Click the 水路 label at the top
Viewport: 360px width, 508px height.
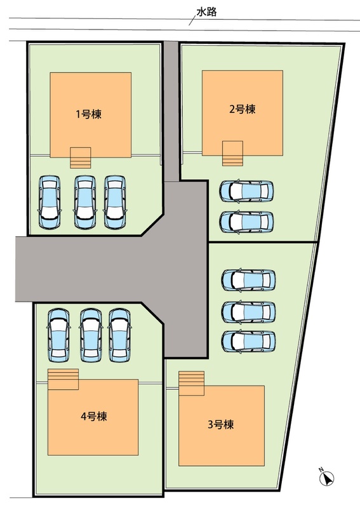pyautogui.click(x=206, y=12)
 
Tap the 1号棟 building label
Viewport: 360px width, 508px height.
pyautogui.click(x=88, y=114)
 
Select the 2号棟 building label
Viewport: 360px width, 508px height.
pyautogui.click(x=243, y=109)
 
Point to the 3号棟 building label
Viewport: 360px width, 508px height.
pyautogui.click(x=221, y=424)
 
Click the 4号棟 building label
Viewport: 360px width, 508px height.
pyautogui.click(x=93, y=417)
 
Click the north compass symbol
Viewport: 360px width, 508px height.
pyautogui.click(x=326, y=478)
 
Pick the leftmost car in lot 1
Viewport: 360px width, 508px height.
pyautogui.click(x=50, y=202)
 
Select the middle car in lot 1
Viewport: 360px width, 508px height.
pyautogui.click(x=85, y=202)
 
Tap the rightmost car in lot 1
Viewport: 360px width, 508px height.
pyautogui.click(x=115, y=202)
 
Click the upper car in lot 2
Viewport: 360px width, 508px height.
pyautogui.click(x=246, y=191)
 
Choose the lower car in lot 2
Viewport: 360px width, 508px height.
pyautogui.click(x=246, y=222)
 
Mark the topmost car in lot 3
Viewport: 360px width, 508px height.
pyautogui.click(x=248, y=280)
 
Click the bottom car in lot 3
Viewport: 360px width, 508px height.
pyautogui.click(x=248, y=341)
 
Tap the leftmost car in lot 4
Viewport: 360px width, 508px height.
pyautogui.click(x=58, y=335)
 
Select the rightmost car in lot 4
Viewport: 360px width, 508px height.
pyautogui.click(x=119, y=335)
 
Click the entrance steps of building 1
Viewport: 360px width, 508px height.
pyautogui.click(x=81, y=157)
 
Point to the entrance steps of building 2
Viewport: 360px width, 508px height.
pyautogui.click(x=232, y=154)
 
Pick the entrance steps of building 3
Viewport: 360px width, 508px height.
pyautogui.click(x=192, y=384)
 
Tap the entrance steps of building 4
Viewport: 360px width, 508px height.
pyautogui.click(x=63, y=379)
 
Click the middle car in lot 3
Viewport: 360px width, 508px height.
pyautogui.click(x=248, y=312)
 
